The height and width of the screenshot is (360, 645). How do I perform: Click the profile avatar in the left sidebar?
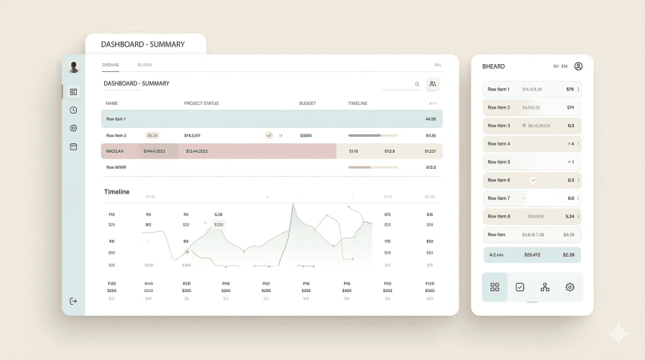(x=74, y=67)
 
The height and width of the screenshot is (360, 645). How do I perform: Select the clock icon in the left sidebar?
(x=74, y=110)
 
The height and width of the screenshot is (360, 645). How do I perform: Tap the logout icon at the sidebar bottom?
(x=74, y=301)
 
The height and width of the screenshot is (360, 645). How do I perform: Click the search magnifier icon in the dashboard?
(x=417, y=84)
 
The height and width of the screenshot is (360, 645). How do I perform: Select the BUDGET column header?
(x=307, y=103)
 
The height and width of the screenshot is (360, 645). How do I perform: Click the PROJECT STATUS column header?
(x=201, y=103)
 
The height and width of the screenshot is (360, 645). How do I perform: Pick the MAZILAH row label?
(x=114, y=151)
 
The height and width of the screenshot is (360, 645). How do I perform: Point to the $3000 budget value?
(x=306, y=135)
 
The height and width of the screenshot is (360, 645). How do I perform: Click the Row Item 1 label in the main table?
(x=116, y=119)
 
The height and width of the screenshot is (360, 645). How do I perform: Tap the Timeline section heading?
(x=117, y=192)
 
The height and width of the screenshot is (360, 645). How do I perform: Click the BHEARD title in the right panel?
(x=494, y=66)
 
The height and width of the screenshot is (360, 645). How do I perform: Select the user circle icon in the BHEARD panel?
(x=579, y=66)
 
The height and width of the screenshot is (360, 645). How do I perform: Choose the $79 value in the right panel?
(x=570, y=89)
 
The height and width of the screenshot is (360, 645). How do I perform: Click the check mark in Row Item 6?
(x=533, y=180)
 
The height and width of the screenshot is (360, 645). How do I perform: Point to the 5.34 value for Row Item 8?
(x=570, y=216)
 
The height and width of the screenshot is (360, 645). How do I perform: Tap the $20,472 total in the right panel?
(x=532, y=254)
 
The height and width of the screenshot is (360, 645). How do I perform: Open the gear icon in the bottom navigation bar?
(x=570, y=286)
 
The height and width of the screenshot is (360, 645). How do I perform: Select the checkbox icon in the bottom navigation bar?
(x=519, y=286)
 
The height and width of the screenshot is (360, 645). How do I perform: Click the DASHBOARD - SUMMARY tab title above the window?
(x=143, y=44)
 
